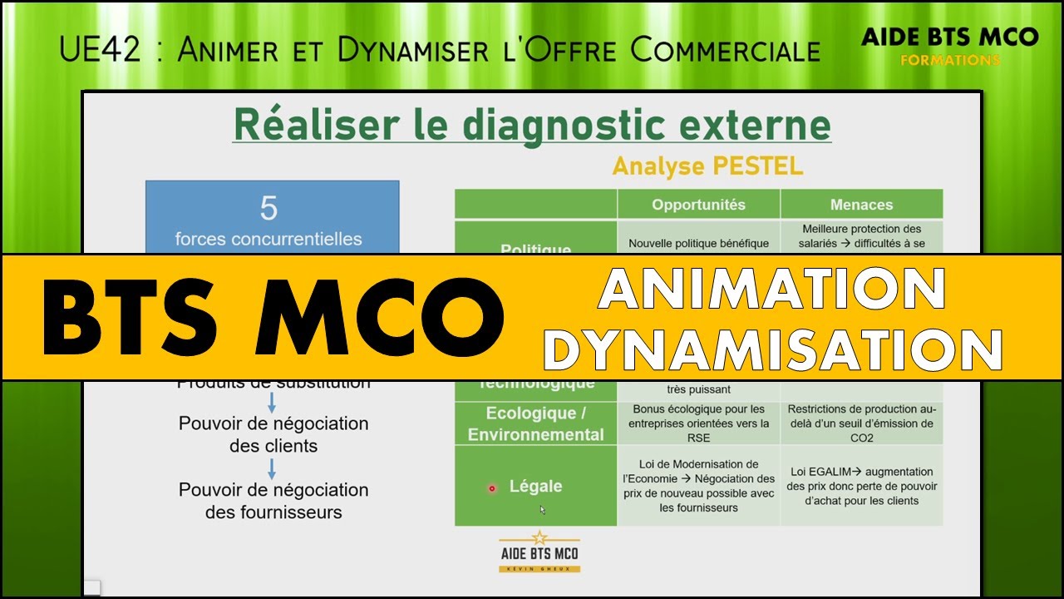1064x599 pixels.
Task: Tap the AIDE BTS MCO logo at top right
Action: point(950,37)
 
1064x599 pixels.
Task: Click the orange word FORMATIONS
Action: point(950,61)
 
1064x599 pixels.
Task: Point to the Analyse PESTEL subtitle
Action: point(707,166)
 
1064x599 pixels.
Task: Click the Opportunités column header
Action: point(698,205)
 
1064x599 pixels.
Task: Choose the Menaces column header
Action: point(861,205)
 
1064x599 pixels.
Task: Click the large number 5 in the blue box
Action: point(268,209)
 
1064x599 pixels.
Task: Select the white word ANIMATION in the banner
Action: point(771,289)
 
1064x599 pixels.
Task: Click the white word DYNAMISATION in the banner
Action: point(773,349)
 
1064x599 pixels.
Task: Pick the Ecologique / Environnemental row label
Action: point(535,424)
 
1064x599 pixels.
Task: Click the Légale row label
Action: point(535,487)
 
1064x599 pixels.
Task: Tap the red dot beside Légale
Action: point(491,488)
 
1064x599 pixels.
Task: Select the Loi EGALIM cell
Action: point(861,487)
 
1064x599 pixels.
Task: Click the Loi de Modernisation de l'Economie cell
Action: point(698,486)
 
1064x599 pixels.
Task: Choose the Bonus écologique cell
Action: point(698,423)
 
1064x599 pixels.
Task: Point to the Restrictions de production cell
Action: point(861,423)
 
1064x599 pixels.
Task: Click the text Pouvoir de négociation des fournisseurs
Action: point(273,501)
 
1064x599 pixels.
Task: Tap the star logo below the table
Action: point(539,551)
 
